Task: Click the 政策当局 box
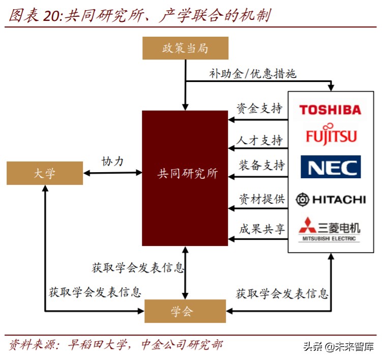pyautogui.click(x=185, y=48)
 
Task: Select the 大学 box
pyautogui.click(x=45, y=173)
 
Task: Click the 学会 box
pyautogui.click(x=185, y=311)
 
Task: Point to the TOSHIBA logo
pyautogui.click(x=330, y=109)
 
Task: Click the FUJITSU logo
pyautogui.click(x=331, y=134)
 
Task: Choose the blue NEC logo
pyautogui.click(x=331, y=167)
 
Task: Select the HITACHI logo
pyautogui.click(x=331, y=199)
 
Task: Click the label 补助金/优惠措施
pyautogui.click(x=253, y=73)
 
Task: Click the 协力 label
pyautogui.click(x=112, y=161)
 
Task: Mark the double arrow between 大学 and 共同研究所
pyautogui.click(x=112, y=173)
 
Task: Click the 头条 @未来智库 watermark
pyautogui.click(x=338, y=347)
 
